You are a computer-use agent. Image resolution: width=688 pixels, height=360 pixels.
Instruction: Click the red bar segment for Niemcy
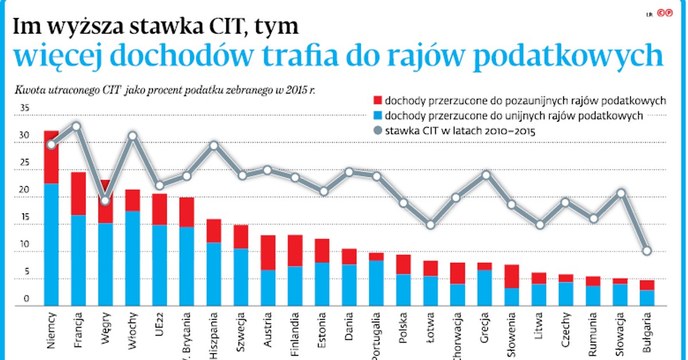tap(52, 158)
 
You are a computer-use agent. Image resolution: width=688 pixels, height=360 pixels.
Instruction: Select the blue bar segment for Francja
tap(79, 260)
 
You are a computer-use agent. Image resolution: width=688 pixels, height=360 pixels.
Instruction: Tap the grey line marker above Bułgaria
tap(647, 251)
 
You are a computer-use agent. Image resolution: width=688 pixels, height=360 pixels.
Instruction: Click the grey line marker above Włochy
tap(132, 136)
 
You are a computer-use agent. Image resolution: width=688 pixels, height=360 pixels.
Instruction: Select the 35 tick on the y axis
tap(24, 108)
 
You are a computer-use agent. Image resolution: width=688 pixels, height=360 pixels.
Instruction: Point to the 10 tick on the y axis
tap(24, 245)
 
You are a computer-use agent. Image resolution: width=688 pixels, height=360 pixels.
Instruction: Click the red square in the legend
tap(377, 100)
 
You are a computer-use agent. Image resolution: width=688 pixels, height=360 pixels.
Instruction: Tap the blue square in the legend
tap(377, 116)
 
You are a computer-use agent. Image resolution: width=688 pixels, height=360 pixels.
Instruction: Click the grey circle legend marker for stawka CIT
tap(377, 131)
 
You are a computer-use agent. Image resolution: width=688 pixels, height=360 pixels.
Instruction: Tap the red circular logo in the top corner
tap(665, 13)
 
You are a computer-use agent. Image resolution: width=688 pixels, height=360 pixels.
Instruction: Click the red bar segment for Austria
tap(268, 252)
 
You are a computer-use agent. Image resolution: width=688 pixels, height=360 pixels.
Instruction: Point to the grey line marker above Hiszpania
tap(214, 146)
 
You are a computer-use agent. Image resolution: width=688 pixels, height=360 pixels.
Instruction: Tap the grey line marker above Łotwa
tap(430, 225)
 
